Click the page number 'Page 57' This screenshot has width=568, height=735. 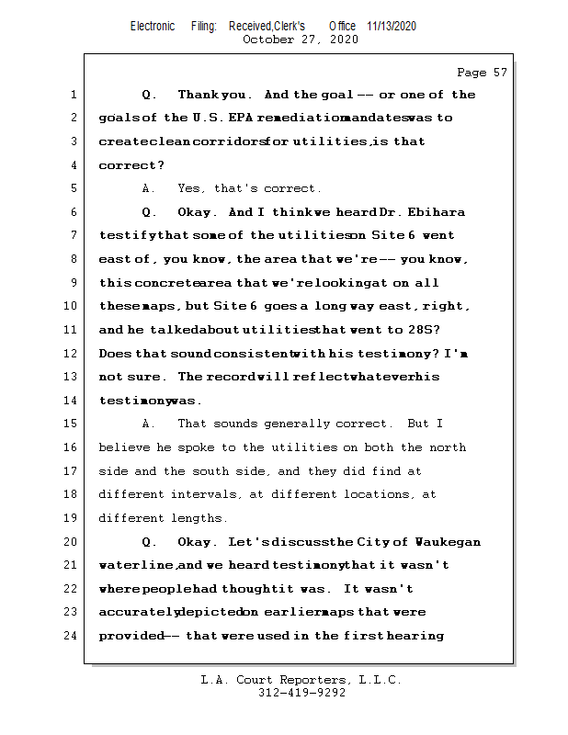(482, 72)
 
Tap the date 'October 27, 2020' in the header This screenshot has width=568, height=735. (301, 40)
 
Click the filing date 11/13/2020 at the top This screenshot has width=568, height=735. (391, 26)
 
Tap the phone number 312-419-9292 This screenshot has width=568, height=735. (301, 694)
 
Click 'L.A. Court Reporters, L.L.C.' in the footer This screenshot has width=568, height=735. (301, 681)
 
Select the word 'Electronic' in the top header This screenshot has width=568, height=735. (153, 26)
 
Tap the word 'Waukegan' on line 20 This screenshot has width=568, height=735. (448, 542)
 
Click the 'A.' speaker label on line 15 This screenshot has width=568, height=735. (149, 424)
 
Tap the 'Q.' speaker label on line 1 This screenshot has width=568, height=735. (150, 95)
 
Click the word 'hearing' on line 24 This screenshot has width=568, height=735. (417, 635)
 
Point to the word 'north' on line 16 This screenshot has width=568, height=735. (448, 447)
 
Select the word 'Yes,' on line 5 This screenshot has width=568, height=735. (192, 188)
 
